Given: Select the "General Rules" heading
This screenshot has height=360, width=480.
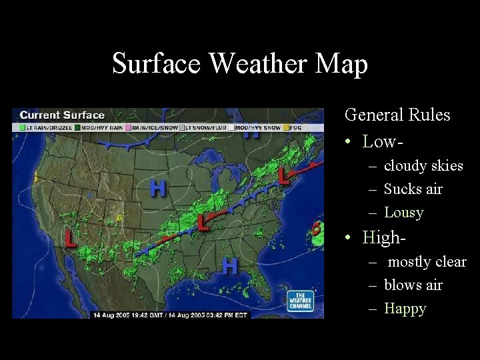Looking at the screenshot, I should pyautogui.click(x=397, y=115).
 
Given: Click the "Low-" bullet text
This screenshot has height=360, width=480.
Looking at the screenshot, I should pyautogui.click(x=383, y=141).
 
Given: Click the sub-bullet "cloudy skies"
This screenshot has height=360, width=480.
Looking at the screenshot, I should pyautogui.click(x=423, y=165).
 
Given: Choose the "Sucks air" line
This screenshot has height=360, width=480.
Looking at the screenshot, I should pyautogui.click(x=413, y=189).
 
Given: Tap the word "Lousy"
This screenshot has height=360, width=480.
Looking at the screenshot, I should pyautogui.click(x=404, y=213).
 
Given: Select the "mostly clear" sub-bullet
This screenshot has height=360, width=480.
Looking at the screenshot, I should pyautogui.click(x=427, y=261).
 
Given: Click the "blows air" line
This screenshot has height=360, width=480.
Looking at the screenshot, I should pyautogui.click(x=413, y=285).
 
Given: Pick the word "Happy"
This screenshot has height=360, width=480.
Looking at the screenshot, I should pyautogui.click(x=405, y=309).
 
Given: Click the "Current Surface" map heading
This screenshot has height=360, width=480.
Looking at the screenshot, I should pyautogui.click(x=62, y=115).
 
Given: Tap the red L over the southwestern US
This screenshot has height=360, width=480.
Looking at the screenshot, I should pyautogui.click(x=70, y=238).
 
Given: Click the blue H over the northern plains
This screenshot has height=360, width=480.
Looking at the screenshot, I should pyautogui.click(x=158, y=189).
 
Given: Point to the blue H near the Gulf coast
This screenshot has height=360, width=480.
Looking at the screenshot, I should pyautogui.click(x=229, y=266).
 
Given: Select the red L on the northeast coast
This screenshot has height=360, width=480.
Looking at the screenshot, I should pyautogui.click(x=284, y=176).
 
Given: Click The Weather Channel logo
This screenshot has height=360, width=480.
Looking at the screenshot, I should pyautogui.click(x=300, y=301).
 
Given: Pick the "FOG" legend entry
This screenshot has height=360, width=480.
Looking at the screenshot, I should pyautogui.click(x=295, y=127).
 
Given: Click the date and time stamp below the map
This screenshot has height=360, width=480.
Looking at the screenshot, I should pyautogui.click(x=169, y=315).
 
